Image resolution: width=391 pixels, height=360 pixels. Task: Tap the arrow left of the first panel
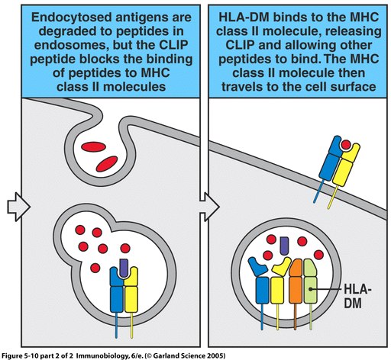point(19,207)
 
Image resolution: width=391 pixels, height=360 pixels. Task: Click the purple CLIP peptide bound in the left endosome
point(124,268)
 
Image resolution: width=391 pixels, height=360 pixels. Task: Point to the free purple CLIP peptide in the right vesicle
point(284,246)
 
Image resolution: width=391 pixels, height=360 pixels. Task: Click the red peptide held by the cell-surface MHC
point(346,145)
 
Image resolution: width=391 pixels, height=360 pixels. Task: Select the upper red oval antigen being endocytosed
point(93,146)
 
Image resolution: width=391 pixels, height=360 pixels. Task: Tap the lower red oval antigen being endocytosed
point(107,164)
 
